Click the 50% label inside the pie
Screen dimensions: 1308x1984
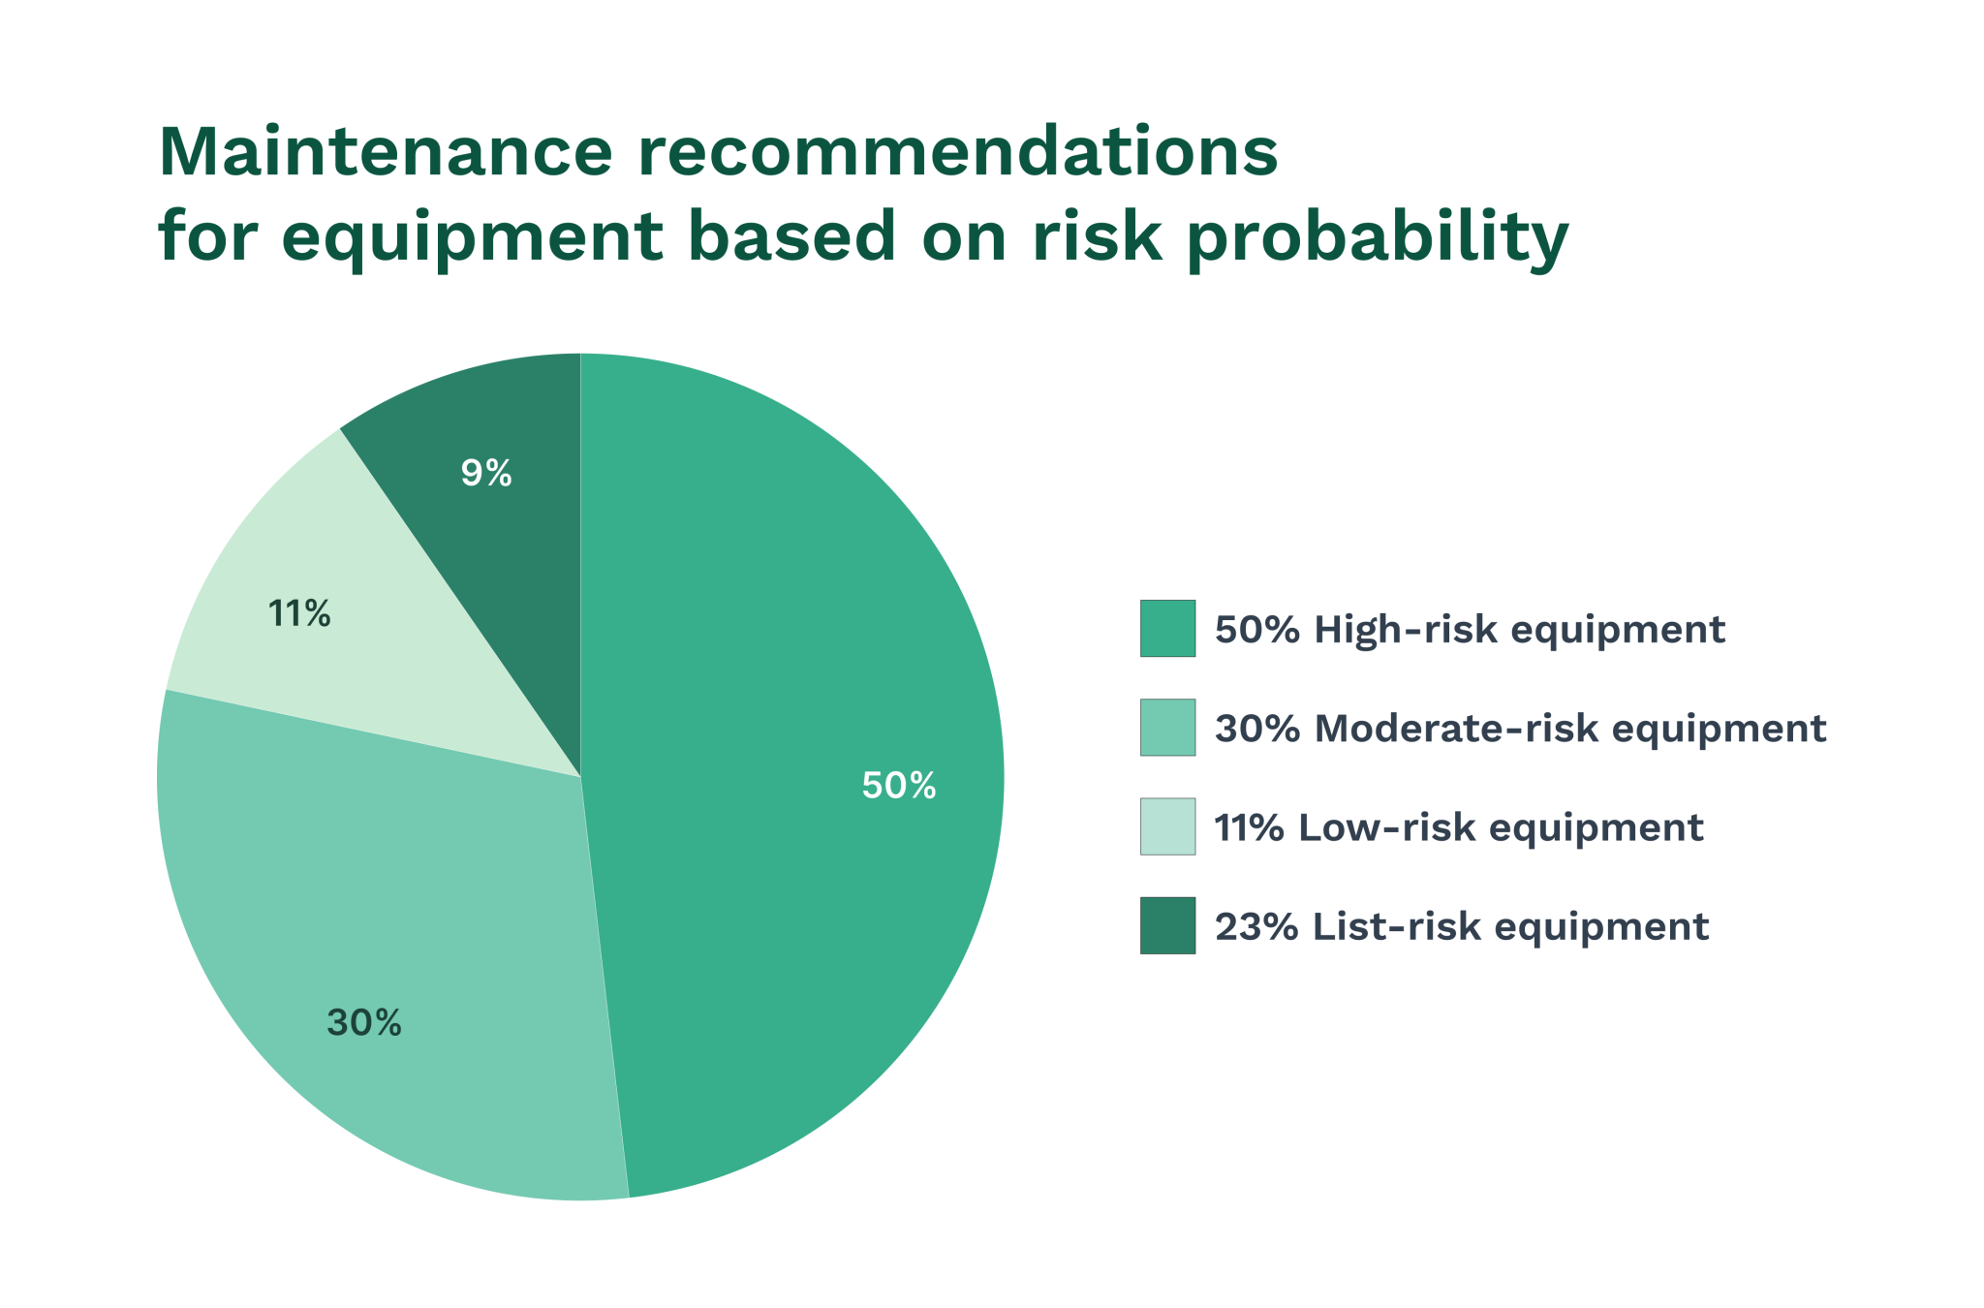[898, 785]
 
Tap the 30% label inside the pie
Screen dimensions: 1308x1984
[363, 1022]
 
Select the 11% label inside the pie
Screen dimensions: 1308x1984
[298, 613]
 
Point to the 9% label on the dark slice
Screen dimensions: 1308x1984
[485, 473]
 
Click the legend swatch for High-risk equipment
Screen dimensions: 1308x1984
[1167, 629]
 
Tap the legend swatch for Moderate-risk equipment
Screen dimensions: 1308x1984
[1167, 728]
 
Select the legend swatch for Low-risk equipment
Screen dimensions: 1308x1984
[1167, 826]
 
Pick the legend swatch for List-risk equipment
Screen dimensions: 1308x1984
[1167, 925]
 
